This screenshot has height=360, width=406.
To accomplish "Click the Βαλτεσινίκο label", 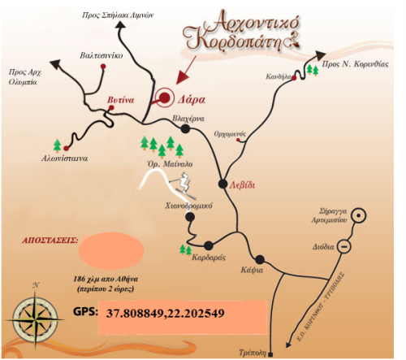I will (x=101, y=57).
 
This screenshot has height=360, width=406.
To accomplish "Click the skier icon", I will (x=188, y=185).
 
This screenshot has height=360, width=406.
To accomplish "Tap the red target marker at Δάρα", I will (x=165, y=98).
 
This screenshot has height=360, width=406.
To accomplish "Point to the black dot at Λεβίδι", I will (x=225, y=181).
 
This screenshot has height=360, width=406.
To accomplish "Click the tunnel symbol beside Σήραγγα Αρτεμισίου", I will (x=361, y=215).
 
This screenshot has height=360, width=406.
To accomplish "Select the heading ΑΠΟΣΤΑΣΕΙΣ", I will (x=49, y=241).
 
